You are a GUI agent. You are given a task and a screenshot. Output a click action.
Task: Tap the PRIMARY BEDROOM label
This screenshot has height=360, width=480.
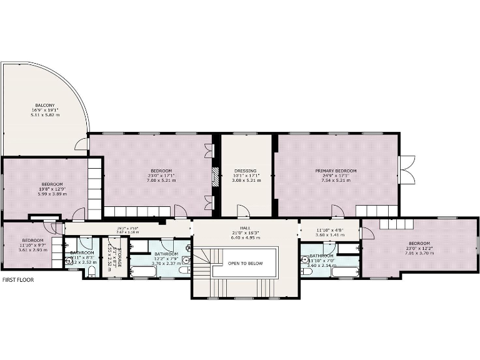[336, 171]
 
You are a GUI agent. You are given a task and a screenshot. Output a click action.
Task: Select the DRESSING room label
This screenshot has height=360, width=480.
[246, 171]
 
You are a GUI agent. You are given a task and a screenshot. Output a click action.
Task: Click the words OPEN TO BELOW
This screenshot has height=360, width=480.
[244, 264]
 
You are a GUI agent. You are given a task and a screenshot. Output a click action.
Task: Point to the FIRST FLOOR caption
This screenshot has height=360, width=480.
[18, 280]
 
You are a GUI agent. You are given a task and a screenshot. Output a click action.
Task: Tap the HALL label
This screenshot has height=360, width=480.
[244, 228]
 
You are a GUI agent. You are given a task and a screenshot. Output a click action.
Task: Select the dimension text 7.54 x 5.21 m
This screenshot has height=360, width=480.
[336, 181]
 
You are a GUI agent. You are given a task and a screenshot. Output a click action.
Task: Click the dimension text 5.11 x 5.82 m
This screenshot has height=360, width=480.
[44, 115]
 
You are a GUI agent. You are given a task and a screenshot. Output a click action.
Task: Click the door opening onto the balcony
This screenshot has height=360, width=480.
[82, 146]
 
